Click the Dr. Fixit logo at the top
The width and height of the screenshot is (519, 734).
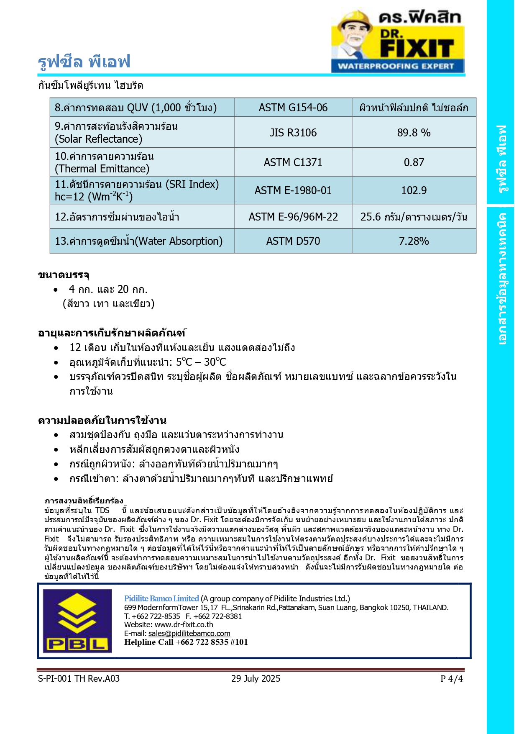point(398,40)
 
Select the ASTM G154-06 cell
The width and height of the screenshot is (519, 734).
point(293,108)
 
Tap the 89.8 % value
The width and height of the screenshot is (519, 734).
point(414,133)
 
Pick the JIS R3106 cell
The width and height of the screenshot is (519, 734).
point(293,133)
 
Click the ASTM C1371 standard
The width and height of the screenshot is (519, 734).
point(293,162)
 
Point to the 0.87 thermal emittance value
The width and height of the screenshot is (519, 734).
point(414,162)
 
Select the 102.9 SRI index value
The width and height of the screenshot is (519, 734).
point(414,190)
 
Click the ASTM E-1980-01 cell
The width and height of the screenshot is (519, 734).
point(293,190)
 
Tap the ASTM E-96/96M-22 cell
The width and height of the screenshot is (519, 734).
point(293,217)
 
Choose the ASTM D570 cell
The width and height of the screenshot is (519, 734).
point(293,241)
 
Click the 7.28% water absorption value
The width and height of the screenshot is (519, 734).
point(414,241)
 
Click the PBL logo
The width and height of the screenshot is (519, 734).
point(77,621)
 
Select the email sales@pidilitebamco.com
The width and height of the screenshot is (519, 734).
point(189,634)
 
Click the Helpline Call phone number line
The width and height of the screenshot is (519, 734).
point(186,642)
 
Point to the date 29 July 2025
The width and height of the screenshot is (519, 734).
point(256,678)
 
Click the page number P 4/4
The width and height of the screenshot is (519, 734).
point(451,678)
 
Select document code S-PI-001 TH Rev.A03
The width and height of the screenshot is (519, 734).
point(79,678)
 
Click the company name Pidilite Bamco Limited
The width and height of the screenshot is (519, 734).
point(161,598)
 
